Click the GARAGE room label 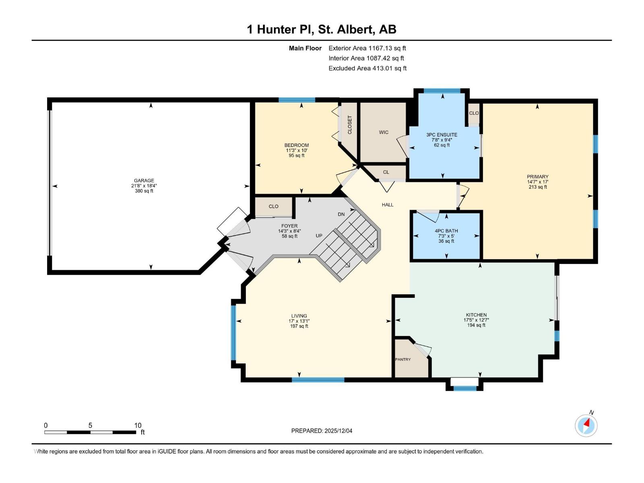144,181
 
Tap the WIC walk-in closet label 384,132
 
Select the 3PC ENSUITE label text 442,135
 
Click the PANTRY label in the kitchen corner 403,359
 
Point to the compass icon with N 586,425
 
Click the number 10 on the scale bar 138,425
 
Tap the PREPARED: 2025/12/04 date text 322,431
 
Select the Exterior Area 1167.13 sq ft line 367,48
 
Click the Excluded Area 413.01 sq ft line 367,68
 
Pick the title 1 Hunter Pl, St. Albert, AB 322,29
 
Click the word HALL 388,205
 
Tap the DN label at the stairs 341,215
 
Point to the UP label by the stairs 319,236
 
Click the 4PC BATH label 446,231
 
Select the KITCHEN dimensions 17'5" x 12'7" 476,320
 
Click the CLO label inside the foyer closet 273,206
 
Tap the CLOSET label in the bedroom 349,125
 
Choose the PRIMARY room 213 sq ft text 537,187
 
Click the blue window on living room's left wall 233,332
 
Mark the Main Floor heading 305,48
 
